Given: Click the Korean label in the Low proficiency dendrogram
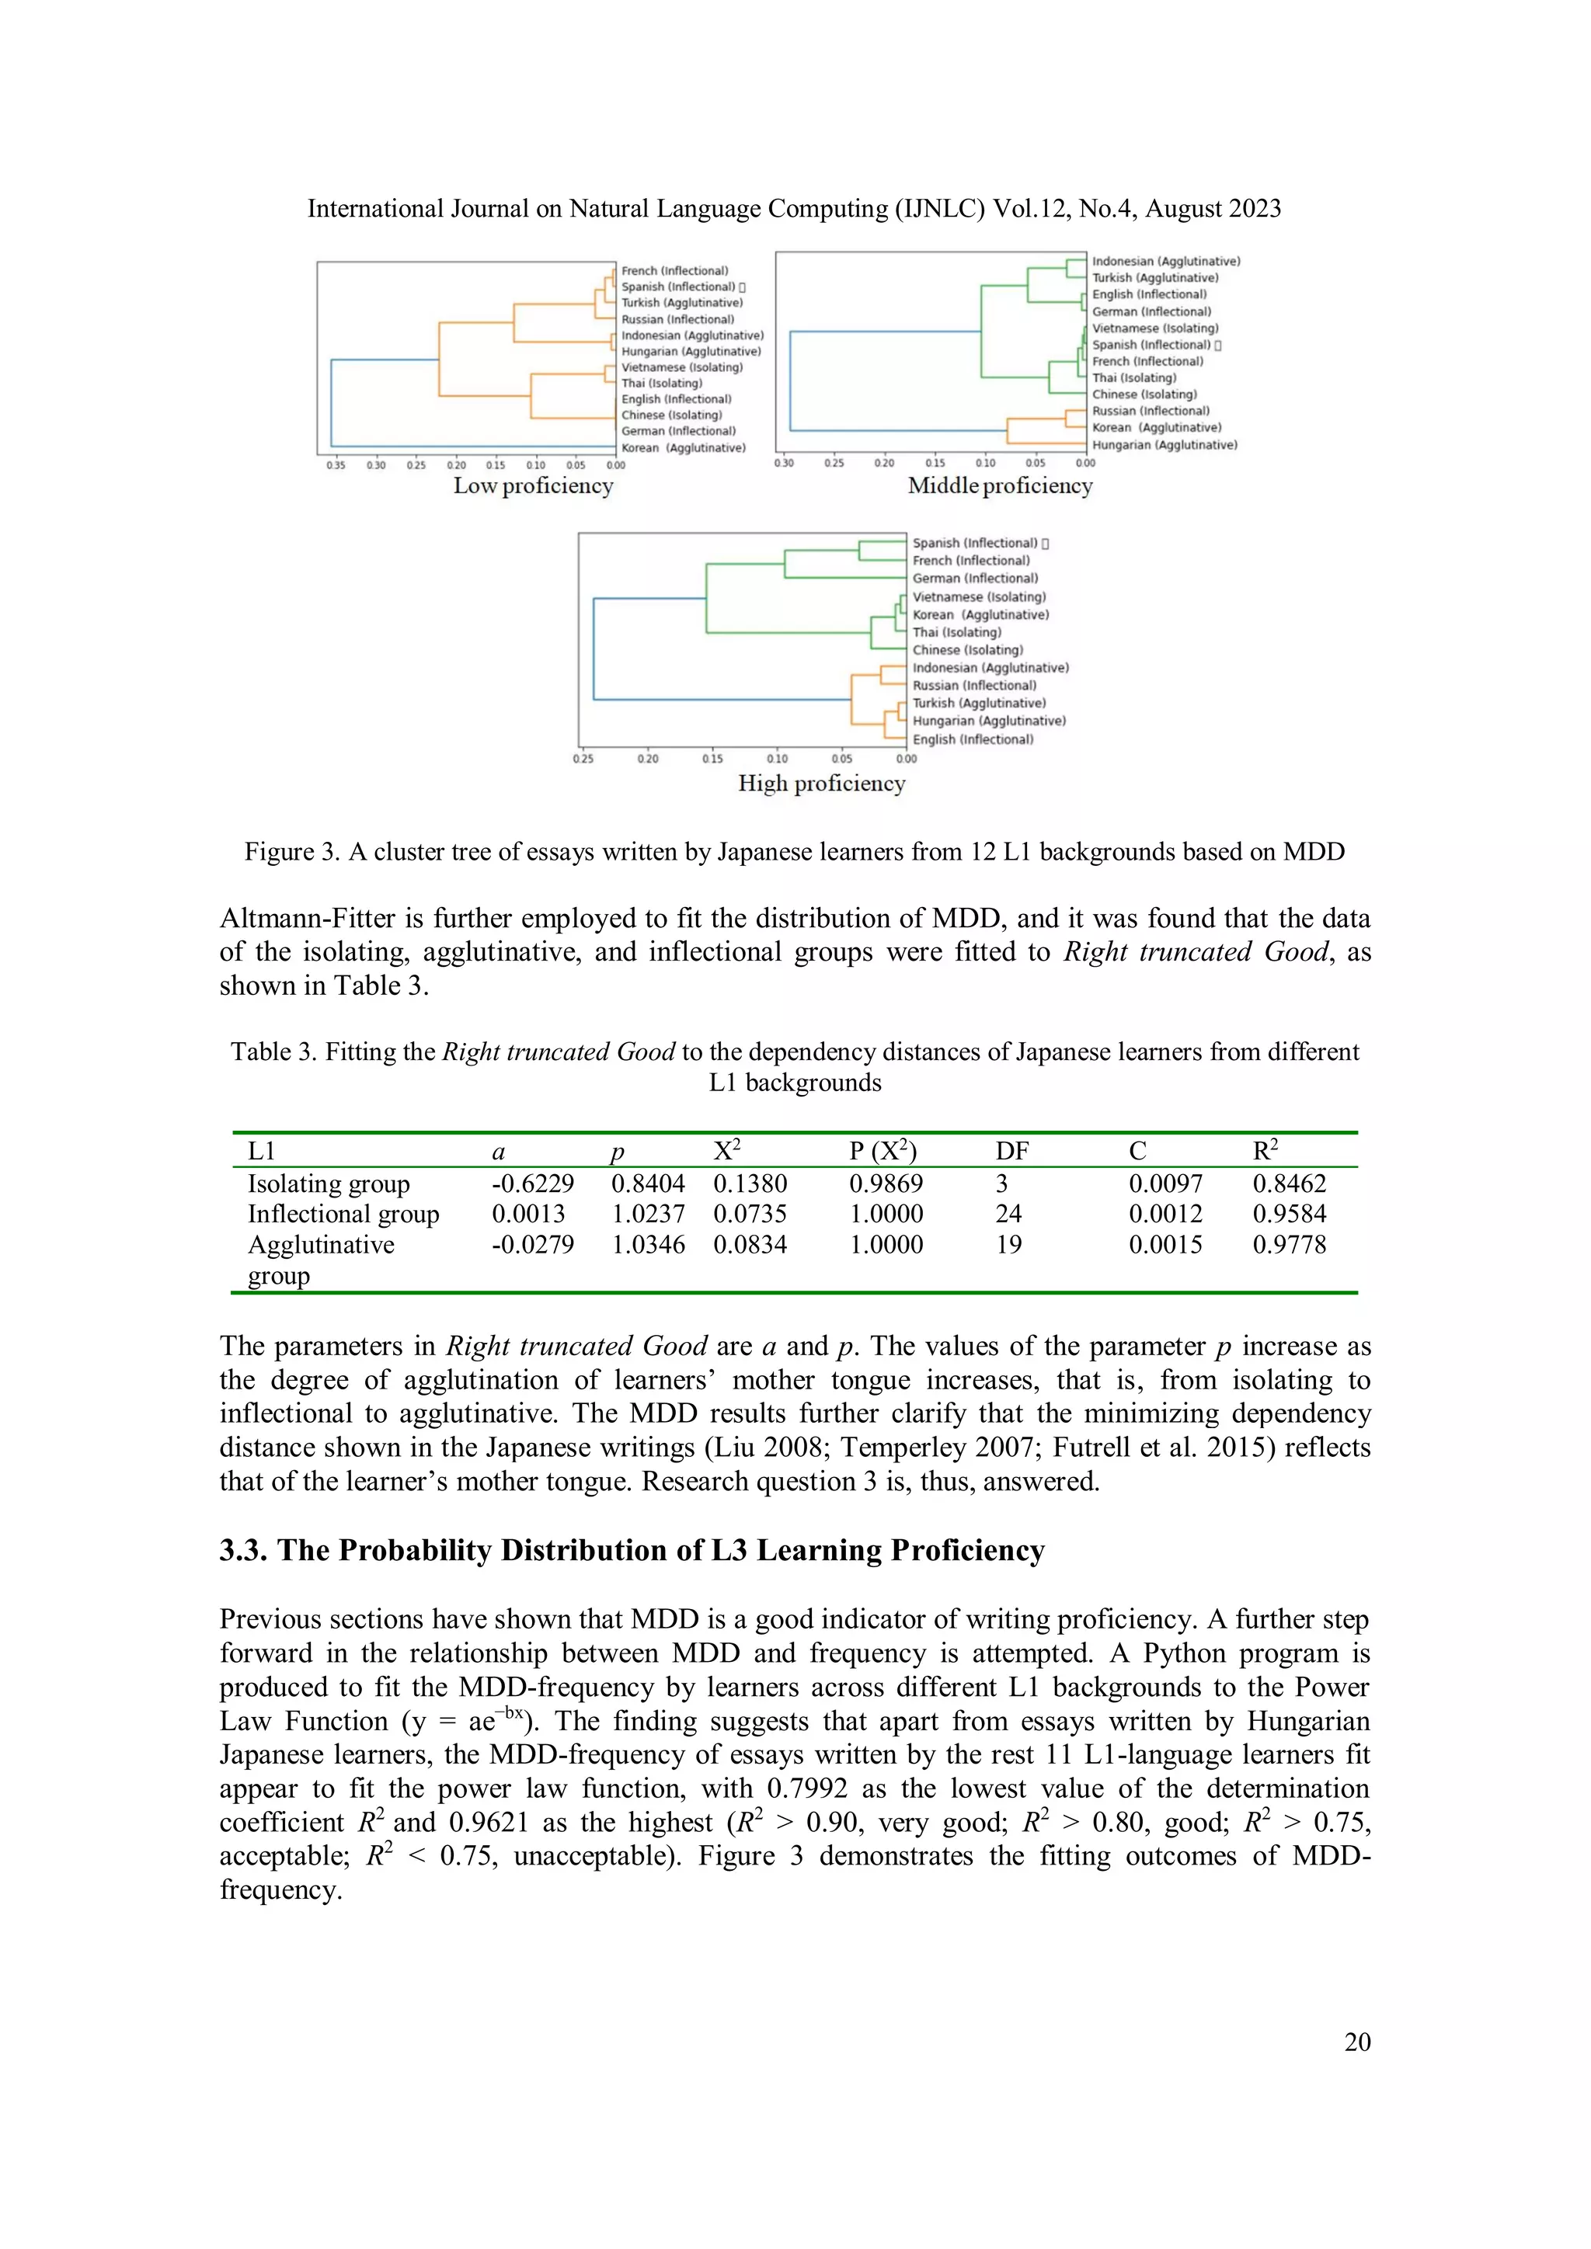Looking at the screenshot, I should (x=683, y=447).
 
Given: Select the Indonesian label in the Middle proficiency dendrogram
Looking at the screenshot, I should (x=1166, y=262).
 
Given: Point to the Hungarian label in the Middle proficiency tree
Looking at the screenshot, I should (x=1164, y=445).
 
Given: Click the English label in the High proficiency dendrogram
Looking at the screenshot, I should (x=972, y=739).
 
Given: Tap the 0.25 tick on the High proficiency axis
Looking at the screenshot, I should (x=583, y=758).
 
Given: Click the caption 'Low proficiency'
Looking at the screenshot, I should (x=533, y=486).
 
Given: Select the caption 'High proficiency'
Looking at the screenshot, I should (x=821, y=784).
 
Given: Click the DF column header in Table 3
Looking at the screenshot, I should (x=1012, y=1151).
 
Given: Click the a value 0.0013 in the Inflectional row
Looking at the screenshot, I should (x=528, y=1214).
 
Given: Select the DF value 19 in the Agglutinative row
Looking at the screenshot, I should (x=1008, y=1245).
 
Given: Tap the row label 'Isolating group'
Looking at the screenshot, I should (x=328, y=1184).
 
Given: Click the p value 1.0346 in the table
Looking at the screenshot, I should (x=648, y=1245).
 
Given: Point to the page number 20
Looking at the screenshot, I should (x=1357, y=2042).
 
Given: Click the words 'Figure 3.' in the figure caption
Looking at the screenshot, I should (x=291, y=851).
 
